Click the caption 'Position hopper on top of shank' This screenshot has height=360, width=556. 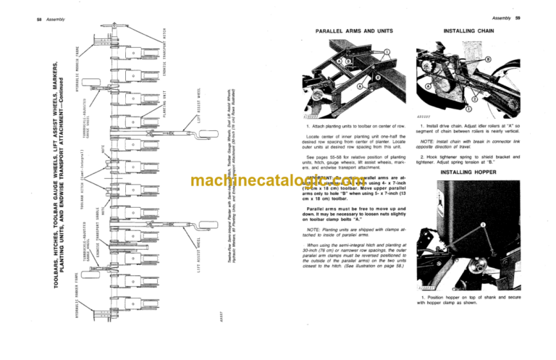[469, 301]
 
